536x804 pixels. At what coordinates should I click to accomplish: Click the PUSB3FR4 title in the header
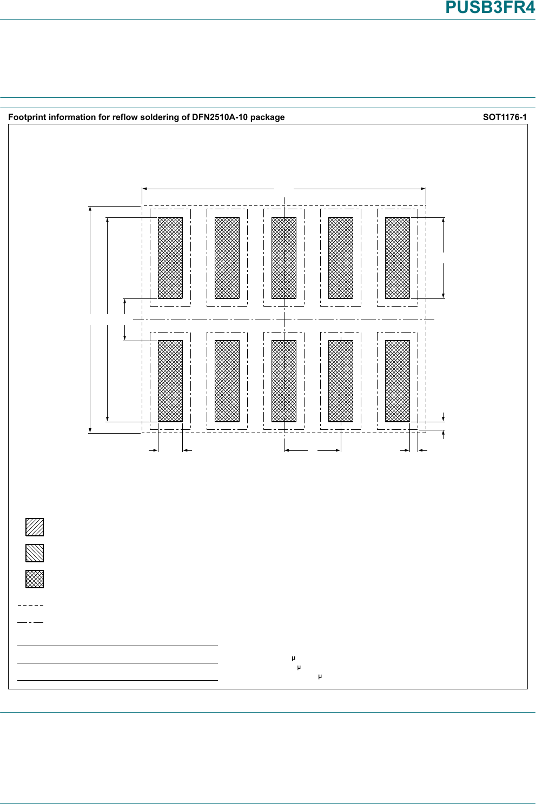tap(489, 8)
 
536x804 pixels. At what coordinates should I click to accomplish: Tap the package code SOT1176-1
tap(504, 117)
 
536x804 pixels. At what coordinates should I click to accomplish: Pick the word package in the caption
tap(267, 117)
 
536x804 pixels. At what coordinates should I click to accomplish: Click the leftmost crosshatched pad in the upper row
tap(170, 258)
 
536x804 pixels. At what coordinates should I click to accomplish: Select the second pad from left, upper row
tap(227, 258)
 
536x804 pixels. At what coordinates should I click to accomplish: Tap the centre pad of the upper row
tap(284, 258)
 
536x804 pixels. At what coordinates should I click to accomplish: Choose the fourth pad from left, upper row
tap(341, 258)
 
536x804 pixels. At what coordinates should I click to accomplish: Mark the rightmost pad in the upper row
tap(398, 258)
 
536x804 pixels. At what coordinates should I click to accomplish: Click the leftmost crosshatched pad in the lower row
tap(170, 381)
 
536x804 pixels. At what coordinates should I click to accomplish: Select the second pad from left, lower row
tap(227, 381)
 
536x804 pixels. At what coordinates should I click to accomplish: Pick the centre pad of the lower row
tap(284, 381)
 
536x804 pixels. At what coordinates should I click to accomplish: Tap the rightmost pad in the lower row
tap(398, 381)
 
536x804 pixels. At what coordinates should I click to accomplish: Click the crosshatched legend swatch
tap(35, 579)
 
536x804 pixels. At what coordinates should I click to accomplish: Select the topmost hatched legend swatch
tap(35, 527)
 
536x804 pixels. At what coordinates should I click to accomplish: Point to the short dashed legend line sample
tap(30, 605)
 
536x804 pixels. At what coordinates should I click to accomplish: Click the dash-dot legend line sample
tap(30, 623)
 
